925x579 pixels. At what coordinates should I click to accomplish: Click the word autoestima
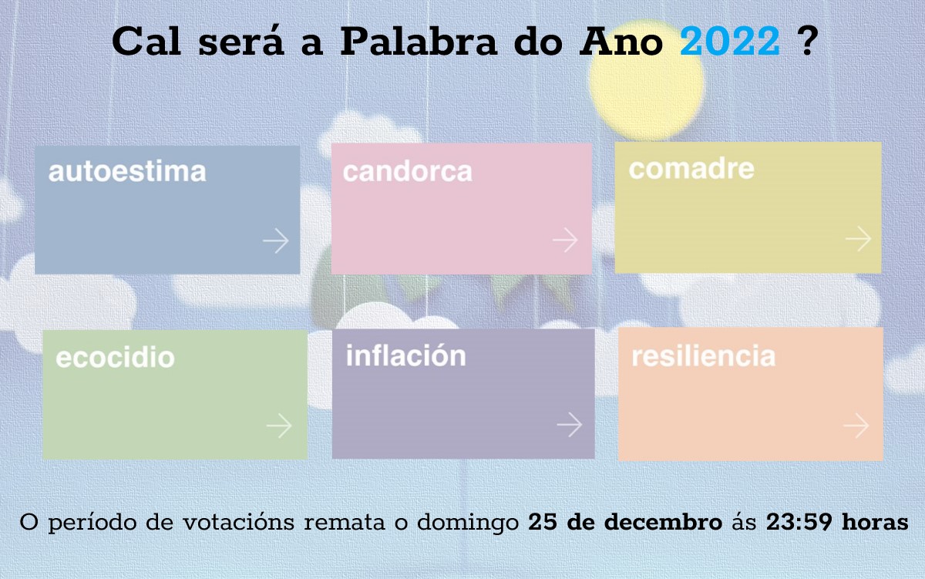(127, 172)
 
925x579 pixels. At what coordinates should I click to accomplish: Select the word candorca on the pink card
(407, 172)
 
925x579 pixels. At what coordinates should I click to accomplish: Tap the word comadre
(691, 169)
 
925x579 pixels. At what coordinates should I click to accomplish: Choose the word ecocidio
(115, 358)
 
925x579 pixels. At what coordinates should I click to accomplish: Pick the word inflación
(406, 355)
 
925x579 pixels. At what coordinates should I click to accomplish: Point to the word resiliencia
(703, 356)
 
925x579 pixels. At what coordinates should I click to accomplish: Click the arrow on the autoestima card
(276, 241)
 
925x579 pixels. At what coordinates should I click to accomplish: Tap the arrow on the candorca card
(565, 240)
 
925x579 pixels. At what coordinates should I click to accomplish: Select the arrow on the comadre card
(858, 238)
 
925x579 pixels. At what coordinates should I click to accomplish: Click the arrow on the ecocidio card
(279, 426)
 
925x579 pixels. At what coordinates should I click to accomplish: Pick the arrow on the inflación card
(570, 424)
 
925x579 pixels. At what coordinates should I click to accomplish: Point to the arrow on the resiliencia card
(856, 425)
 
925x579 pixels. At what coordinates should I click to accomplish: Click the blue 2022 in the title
(730, 41)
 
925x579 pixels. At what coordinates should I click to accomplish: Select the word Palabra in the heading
(419, 40)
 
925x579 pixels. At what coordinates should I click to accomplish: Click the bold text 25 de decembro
(625, 522)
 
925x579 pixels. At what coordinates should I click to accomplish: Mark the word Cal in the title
(146, 40)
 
